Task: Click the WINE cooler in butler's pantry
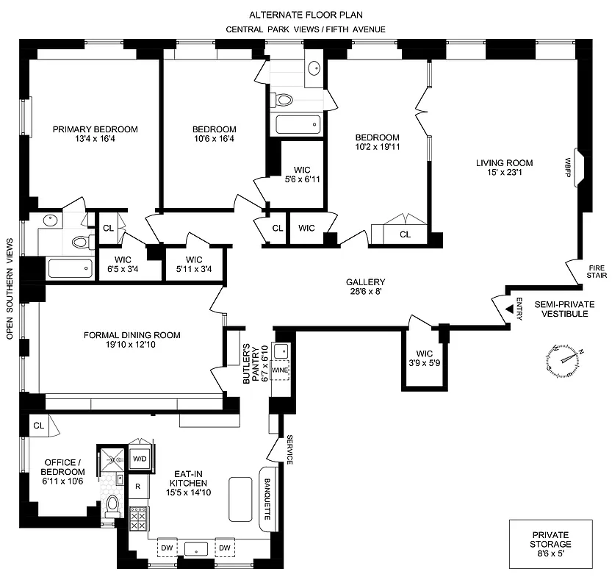point(281,370)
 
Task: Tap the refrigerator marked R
point(137,486)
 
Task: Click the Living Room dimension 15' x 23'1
point(503,173)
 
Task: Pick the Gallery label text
point(365,282)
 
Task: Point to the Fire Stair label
point(597,271)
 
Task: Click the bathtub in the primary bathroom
point(71,268)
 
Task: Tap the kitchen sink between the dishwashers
point(196,548)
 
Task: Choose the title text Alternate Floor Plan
point(306,14)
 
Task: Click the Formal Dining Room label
point(132,335)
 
